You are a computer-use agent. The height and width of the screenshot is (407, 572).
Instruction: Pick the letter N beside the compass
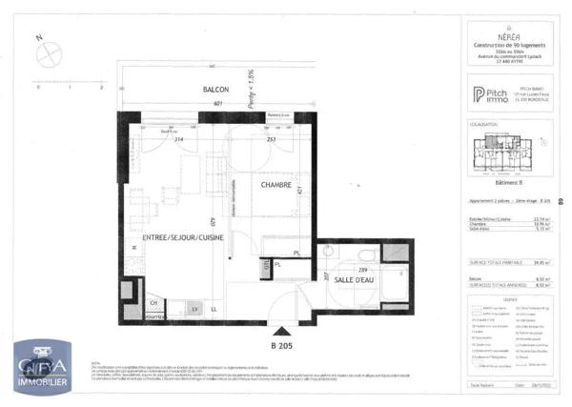38,38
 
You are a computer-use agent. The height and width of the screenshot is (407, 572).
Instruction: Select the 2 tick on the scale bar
100,87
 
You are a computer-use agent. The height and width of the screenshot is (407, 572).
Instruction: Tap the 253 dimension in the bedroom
271,139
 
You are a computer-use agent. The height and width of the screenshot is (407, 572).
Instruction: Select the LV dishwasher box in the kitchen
194,308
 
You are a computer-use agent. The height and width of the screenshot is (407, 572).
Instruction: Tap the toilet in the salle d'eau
327,254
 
